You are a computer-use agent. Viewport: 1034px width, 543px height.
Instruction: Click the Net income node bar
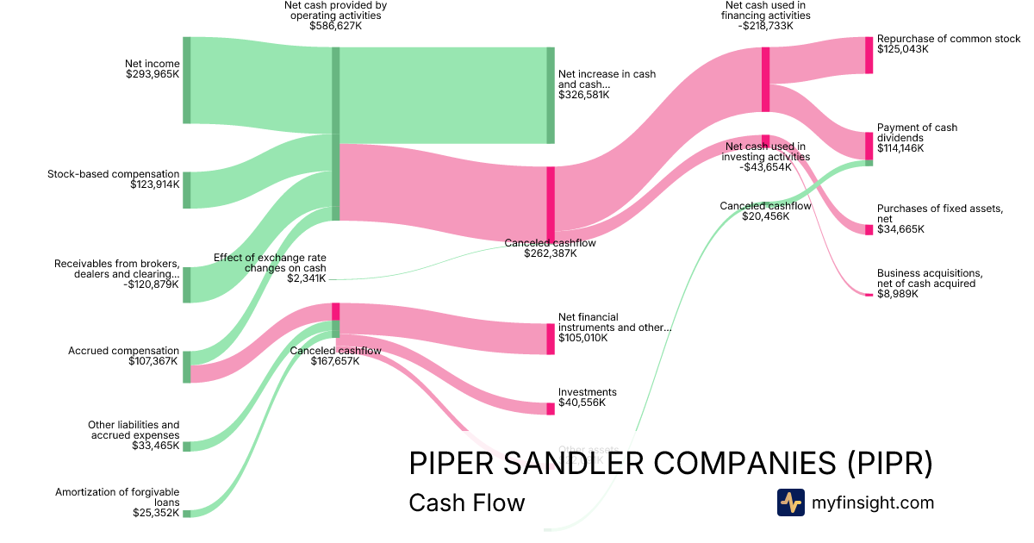(186, 80)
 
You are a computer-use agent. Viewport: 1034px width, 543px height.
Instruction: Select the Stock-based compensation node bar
(186, 190)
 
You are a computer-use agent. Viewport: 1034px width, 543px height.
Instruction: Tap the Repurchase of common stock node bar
(869, 55)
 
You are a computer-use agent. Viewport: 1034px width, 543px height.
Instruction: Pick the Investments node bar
(551, 409)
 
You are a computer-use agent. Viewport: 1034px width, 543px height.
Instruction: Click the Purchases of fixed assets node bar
(869, 229)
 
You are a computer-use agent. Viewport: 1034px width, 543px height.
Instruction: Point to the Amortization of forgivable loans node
(186, 514)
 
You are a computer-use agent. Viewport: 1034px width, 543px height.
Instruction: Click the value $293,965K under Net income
(153, 74)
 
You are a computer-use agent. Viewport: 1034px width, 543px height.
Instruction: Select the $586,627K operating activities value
(336, 26)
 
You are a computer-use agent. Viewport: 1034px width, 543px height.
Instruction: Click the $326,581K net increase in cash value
(584, 95)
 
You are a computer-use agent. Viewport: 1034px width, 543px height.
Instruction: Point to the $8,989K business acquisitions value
(898, 294)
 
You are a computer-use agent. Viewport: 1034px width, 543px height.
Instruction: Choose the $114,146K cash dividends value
(900, 148)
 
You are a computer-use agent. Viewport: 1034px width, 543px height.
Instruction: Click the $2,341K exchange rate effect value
(308, 278)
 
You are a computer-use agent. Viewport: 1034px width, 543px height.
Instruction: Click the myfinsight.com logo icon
(790, 502)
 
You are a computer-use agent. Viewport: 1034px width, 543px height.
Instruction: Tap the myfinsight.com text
(873, 502)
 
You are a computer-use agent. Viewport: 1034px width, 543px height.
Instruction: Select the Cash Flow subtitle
(466, 502)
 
